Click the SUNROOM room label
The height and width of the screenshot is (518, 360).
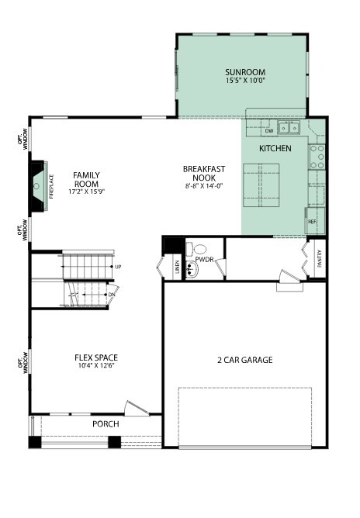(x=245, y=72)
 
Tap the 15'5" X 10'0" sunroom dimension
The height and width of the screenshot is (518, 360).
(x=246, y=81)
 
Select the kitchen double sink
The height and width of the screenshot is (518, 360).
(x=289, y=127)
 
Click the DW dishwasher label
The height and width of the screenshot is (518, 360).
(x=269, y=131)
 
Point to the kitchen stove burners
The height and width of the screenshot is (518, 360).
(x=317, y=157)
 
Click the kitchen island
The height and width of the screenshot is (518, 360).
(x=261, y=185)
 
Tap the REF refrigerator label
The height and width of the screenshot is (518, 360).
(x=313, y=221)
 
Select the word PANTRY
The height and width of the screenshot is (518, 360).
(x=319, y=258)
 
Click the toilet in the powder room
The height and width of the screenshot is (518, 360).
(x=196, y=249)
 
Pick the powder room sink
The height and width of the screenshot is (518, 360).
(x=192, y=270)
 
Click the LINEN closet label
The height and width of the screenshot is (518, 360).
(x=177, y=267)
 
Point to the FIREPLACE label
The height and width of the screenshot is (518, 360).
(x=51, y=186)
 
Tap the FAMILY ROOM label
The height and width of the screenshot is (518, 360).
(x=86, y=179)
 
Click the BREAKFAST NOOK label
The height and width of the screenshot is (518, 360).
(x=204, y=174)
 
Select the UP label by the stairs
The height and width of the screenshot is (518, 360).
(x=118, y=267)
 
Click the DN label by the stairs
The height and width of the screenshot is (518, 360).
(x=112, y=295)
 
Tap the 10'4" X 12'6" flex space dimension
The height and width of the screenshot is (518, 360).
(x=96, y=366)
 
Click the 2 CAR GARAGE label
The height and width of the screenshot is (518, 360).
(x=245, y=360)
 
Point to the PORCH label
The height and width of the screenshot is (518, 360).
(x=106, y=424)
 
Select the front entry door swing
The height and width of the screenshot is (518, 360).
(x=137, y=409)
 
